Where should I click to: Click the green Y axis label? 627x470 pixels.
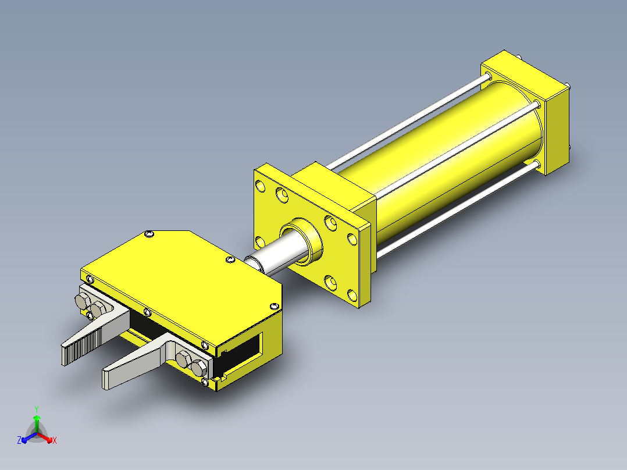37,409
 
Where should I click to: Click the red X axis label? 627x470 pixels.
55,440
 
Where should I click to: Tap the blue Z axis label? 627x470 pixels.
19,440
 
